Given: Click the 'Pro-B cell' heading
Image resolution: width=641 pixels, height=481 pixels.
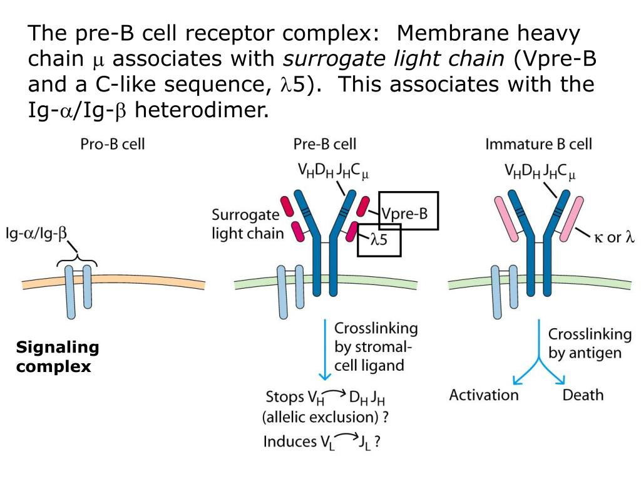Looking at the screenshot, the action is [x=113, y=144].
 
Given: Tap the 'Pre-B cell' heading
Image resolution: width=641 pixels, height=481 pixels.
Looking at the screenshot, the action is [x=325, y=144].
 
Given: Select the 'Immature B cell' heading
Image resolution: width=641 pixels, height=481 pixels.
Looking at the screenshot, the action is [x=538, y=144].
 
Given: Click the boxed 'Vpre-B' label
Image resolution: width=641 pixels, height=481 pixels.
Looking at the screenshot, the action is [x=404, y=214].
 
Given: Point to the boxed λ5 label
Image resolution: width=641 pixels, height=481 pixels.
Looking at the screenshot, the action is [x=379, y=239].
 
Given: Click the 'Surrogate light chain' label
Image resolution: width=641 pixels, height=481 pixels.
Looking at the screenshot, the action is [x=247, y=224].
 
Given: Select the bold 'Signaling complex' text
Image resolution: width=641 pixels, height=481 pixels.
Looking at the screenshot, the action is [x=57, y=356].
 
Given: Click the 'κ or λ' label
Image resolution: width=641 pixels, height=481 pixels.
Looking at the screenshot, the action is [x=614, y=237].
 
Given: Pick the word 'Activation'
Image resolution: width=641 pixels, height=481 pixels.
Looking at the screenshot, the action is [x=484, y=395].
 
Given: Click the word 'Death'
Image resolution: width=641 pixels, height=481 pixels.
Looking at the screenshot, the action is [x=583, y=395].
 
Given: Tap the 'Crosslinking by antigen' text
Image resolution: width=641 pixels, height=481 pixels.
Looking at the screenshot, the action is [x=590, y=344].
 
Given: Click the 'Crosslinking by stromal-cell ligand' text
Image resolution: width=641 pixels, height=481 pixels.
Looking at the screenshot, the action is [x=376, y=347].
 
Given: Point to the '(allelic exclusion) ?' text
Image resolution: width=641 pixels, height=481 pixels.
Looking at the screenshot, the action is [x=325, y=417].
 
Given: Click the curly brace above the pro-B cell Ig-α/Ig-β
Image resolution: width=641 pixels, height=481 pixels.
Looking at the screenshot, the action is [x=77, y=261].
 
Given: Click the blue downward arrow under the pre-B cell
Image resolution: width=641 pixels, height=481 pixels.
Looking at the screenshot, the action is [x=325, y=349].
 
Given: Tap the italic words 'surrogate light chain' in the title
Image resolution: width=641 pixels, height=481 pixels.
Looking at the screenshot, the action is [x=394, y=59].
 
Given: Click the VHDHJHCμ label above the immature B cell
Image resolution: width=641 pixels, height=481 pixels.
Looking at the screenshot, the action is [x=540, y=172].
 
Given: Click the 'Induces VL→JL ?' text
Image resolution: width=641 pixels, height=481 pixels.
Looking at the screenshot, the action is [x=322, y=442].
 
